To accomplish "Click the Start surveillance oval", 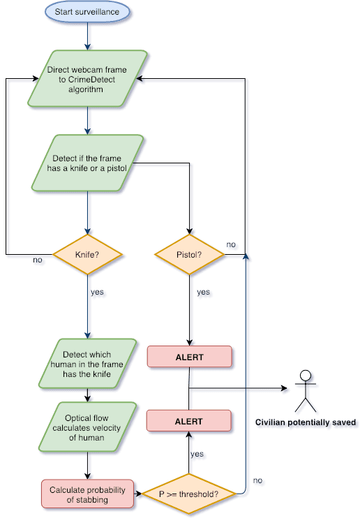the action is [x=87, y=12].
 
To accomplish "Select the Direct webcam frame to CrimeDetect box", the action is [x=87, y=79].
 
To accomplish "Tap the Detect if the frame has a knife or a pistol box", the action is [x=87, y=163].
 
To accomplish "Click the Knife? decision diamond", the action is [x=87, y=254].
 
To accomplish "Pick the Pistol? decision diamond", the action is [x=189, y=254].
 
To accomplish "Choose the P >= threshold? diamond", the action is [x=188, y=494].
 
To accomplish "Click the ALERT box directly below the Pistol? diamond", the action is [x=189, y=357].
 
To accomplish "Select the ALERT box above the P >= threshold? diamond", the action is [x=188, y=421].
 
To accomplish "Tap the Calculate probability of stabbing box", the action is [x=87, y=494].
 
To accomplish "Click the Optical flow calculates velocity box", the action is [x=87, y=427].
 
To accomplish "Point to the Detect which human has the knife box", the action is [x=87, y=364].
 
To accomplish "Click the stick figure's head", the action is [x=306, y=376].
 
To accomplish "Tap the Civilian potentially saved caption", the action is [x=306, y=422].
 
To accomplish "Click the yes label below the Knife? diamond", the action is [x=97, y=292].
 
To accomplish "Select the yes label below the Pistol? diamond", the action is [x=204, y=292].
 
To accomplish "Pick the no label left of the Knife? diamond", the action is [x=38, y=260].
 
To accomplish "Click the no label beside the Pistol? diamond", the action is [x=231, y=244].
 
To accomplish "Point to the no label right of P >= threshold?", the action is [x=258, y=480].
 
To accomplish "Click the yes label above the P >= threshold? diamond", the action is [x=197, y=454].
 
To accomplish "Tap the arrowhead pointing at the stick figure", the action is [x=284, y=388].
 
